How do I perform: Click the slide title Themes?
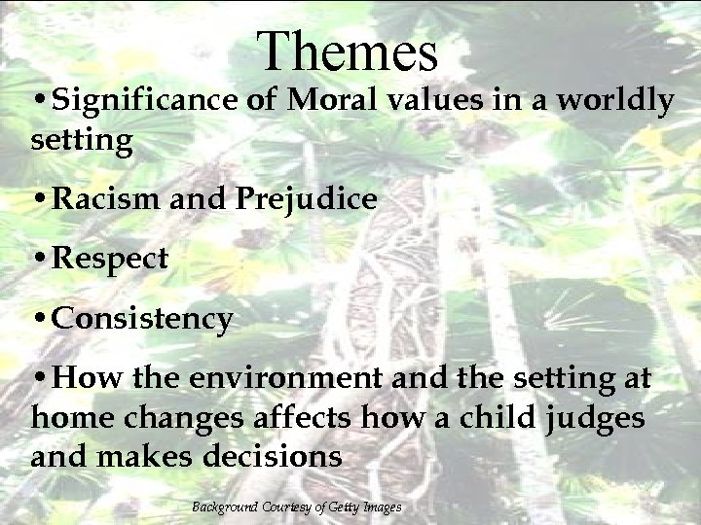click(350, 52)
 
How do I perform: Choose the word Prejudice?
click(304, 200)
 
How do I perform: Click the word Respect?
click(110, 260)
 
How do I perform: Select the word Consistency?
click(142, 319)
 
